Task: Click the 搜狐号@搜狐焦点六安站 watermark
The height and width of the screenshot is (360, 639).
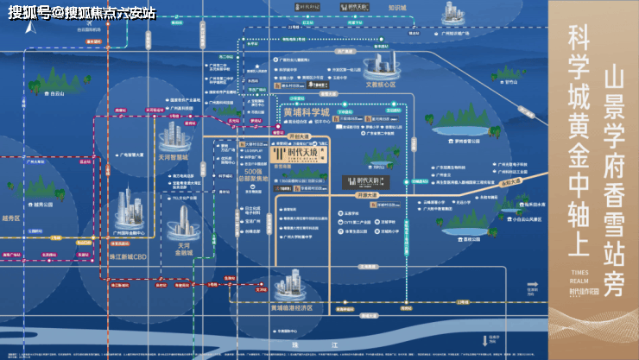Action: pos(82,12)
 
